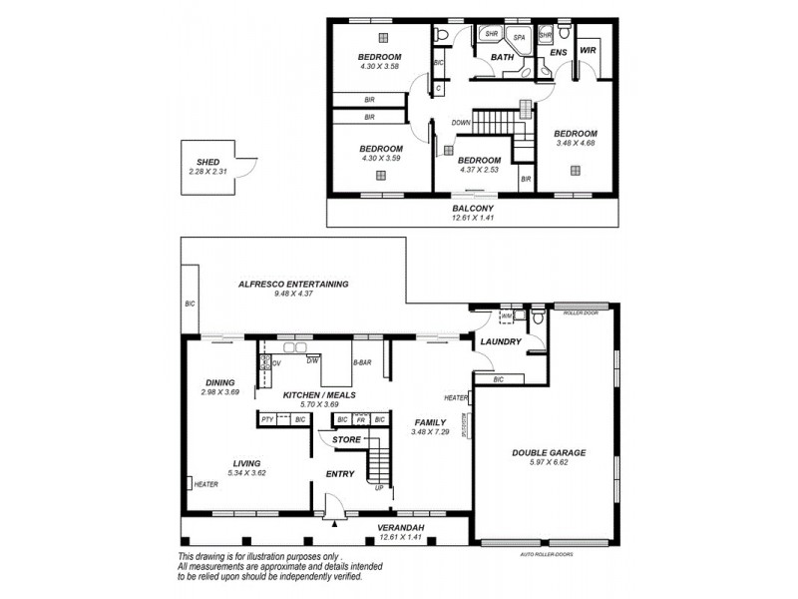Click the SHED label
click(207, 162)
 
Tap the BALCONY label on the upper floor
click(474, 208)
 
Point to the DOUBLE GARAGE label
click(549, 452)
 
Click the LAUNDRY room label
click(500, 342)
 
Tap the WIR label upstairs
click(588, 49)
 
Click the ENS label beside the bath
click(559, 52)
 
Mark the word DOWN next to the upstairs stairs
click(461, 123)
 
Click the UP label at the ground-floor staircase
click(378, 488)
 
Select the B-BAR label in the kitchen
click(363, 360)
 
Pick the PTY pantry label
click(267, 420)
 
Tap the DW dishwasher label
click(312, 360)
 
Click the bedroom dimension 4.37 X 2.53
click(479, 171)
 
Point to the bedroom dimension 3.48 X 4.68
click(576, 143)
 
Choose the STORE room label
click(346, 439)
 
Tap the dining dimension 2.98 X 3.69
click(220, 392)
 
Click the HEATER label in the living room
click(206, 485)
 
